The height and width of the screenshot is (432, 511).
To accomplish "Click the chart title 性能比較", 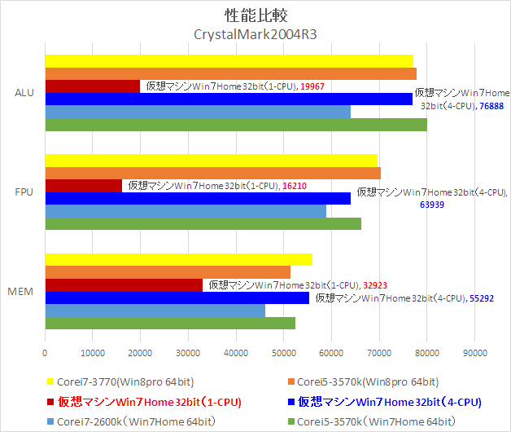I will click(254, 15).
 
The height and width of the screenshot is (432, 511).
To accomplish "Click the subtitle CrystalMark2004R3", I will click(255, 34).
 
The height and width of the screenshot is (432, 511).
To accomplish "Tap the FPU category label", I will click(24, 192).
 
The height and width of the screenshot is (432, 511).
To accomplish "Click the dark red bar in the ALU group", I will click(92, 86).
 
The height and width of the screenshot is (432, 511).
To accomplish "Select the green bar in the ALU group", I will click(235, 125).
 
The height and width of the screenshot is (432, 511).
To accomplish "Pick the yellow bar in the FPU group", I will click(211, 160).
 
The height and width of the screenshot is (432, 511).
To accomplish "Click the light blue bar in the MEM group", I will click(155, 311).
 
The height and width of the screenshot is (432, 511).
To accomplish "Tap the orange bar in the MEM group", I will click(167, 272).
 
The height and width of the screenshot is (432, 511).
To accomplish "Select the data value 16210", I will click(295, 186).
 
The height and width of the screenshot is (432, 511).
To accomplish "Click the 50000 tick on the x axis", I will click(283, 354).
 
